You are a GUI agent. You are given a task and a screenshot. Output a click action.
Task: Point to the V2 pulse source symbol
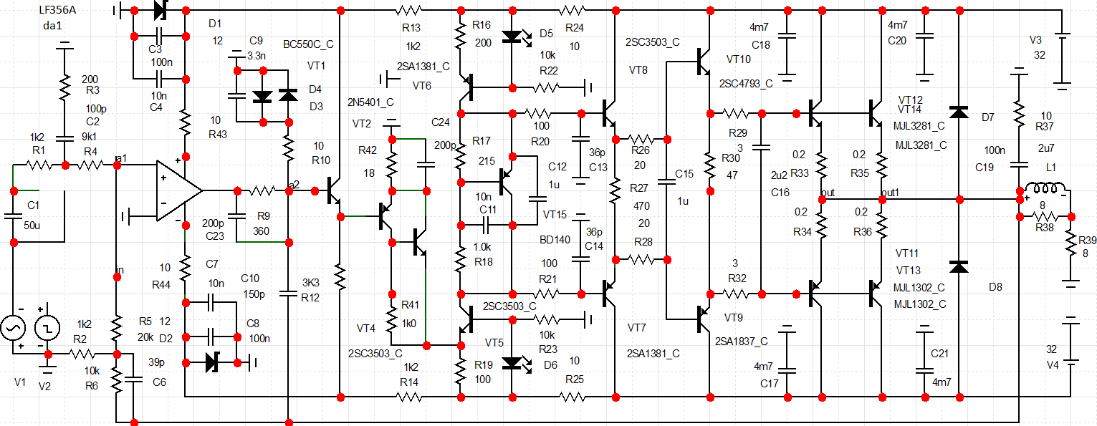pyautogui.click(x=47, y=329)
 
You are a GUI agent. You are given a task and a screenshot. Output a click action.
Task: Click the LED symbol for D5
pyautogui.click(x=512, y=37)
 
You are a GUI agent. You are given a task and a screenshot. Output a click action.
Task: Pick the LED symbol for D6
pyautogui.click(x=512, y=363)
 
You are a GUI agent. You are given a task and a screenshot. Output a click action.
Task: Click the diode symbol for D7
pyautogui.click(x=959, y=112)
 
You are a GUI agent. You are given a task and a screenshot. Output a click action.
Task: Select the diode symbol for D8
pyautogui.click(x=959, y=266)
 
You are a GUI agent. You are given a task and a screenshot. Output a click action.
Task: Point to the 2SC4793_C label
pyautogui.click(x=746, y=84)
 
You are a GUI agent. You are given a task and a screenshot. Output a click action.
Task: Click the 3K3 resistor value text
pyautogui.click(x=310, y=281)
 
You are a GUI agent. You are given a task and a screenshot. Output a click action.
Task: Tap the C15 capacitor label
pyautogui.click(x=684, y=174)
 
